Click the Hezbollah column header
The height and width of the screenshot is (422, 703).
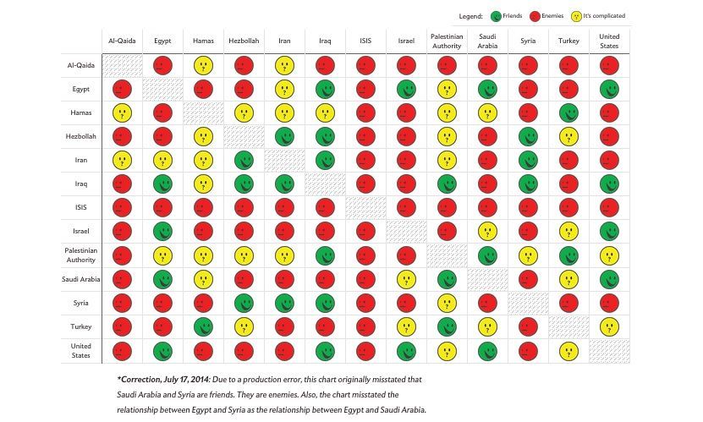tap(244, 40)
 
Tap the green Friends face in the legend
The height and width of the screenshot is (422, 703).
tap(496, 16)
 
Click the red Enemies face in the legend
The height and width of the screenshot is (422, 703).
tap(535, 16)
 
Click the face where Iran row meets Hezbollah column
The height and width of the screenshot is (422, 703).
tap(244, 160)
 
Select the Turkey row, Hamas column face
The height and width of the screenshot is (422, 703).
tap(203, 326)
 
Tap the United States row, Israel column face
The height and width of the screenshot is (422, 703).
tap(406, 349)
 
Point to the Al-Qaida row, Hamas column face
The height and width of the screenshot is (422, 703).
tap(203, 65)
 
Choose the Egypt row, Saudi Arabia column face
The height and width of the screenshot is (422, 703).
tap(486, 89)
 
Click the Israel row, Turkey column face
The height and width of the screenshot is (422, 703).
tap(568, 231)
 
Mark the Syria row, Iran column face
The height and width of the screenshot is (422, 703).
tap(284, 302)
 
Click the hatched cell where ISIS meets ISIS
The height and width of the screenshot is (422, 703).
tap(365, 207)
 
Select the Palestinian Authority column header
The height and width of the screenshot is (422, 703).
tap(446, 40)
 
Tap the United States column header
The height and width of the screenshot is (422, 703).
tap(609, 40)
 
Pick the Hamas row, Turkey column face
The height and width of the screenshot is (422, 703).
tap(568, 112)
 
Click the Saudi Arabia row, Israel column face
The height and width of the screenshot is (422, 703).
tap(406, 278)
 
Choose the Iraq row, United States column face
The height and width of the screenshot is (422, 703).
tap(609, 184)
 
